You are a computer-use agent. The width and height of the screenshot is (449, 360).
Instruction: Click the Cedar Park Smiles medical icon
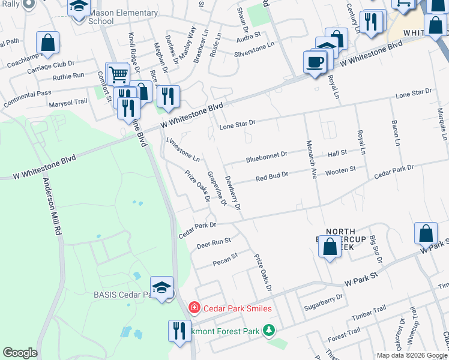(x=194, y=308)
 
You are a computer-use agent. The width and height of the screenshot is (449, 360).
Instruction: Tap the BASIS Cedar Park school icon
(x=161, y=288)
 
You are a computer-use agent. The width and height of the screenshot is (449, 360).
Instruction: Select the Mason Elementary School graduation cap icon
(x=79, y=7)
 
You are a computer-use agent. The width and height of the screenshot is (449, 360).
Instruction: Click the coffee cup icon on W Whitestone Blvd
(x=315, y=61)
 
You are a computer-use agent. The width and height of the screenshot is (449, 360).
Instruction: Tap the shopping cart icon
(x=118, y=75)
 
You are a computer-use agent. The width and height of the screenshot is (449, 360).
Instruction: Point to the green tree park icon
(x=270, y=331)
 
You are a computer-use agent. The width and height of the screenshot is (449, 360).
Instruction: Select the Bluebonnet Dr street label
(x=267, y=158)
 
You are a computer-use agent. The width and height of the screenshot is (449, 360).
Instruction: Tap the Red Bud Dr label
(x=272, y=176)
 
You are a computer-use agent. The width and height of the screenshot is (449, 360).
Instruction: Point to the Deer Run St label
(x=214, y=244)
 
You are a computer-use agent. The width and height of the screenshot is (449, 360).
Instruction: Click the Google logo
(x=20, y=353)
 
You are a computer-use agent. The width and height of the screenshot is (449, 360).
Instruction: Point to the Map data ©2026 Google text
(x=412, y=355)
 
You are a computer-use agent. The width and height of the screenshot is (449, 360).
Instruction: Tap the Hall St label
(x=337, y=154)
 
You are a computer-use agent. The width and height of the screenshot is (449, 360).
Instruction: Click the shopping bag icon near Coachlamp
(x=47, y=43)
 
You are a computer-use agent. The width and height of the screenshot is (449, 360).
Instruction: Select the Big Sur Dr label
(x=375, y=246)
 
